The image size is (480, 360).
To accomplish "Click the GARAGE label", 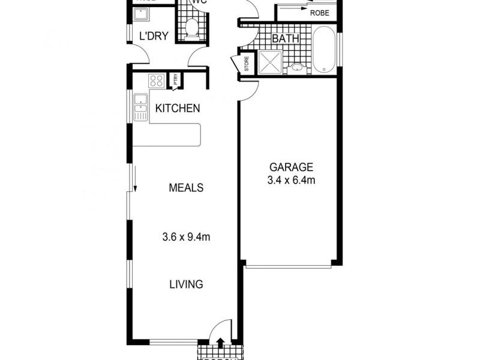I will [x=291, y=167].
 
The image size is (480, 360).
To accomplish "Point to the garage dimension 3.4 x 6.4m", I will [x=291, y=179].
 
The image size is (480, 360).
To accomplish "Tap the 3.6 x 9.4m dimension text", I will [x=185, y=236].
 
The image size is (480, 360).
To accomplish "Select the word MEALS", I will [x=185, y=188].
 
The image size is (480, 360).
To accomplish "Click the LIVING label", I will [x=185, y=284].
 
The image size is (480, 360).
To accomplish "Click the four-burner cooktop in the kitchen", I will [x=157, y=80].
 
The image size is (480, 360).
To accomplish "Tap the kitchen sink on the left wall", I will [x=141, y=108].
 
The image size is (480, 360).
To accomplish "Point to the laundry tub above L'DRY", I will [x=144, y=13].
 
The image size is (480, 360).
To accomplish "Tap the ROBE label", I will [x=319, y=11].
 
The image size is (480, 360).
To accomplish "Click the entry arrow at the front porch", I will [x=220, y=343].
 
